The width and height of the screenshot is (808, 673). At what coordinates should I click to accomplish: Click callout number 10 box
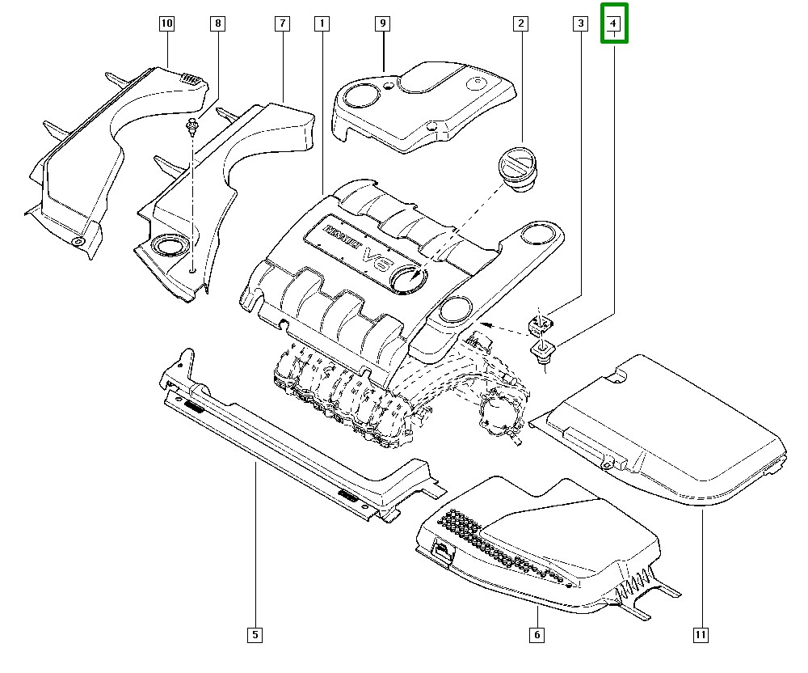coord(166,24)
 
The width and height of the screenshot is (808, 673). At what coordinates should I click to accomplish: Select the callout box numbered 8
coord(217,24)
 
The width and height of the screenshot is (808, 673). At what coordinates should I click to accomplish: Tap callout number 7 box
coord(282,24)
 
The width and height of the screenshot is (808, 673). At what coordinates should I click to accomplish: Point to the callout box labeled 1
coord(322,24)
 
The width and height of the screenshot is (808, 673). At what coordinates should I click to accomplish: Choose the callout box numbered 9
coord(382,24)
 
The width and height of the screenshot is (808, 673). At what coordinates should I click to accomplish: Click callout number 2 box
coord(521,24)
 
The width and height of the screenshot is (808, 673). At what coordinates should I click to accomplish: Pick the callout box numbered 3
coord(580,24)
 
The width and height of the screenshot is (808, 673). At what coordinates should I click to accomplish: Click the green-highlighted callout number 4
coord(614,24)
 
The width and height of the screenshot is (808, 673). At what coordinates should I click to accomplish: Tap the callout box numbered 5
coord(255,635)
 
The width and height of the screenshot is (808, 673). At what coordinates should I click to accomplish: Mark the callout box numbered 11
coord(701,635)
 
